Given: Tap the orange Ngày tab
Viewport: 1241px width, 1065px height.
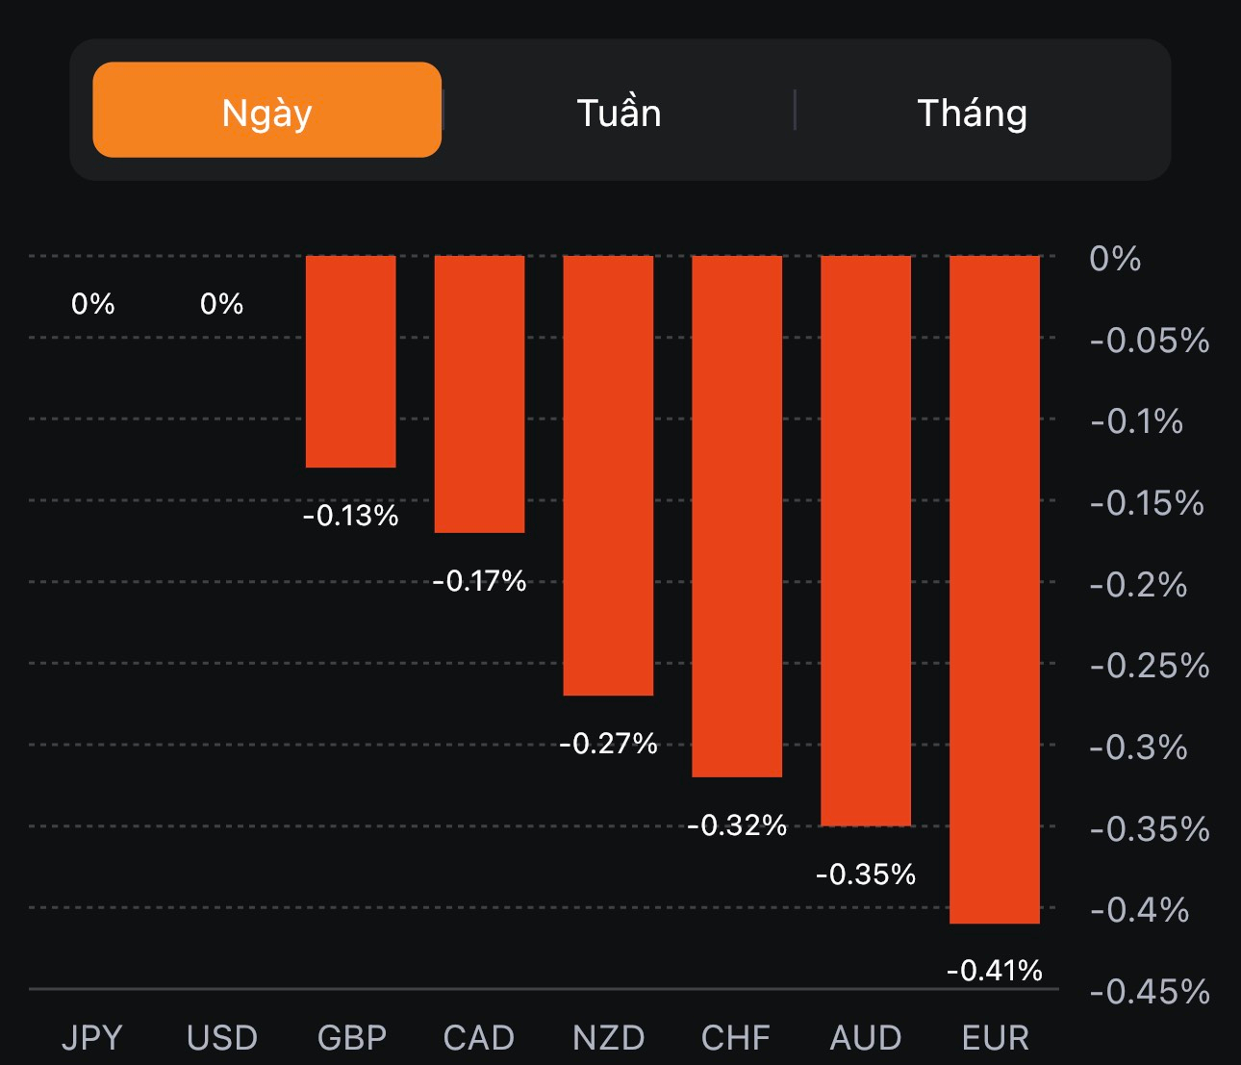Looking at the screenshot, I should (x=266, y=111).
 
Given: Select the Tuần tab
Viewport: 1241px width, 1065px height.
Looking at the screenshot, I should (x=619, y=113).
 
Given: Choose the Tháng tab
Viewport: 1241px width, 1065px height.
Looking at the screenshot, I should (x=972, y=113).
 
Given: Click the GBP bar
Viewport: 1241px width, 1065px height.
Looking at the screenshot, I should (x=350, y=362).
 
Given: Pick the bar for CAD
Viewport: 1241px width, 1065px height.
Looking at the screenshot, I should (x=479, y=394).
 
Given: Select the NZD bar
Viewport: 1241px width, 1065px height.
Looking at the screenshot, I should (x=608, y=475).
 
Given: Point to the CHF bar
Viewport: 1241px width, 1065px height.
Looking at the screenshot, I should (x=737, y=517).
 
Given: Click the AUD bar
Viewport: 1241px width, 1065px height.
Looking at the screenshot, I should (x=866, y=541).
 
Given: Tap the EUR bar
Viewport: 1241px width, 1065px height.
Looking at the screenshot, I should (x=995, y=590).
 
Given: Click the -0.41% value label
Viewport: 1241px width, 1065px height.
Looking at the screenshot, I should (x=995, y=970).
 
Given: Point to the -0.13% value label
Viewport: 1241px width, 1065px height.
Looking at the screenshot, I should (x=350, y=516).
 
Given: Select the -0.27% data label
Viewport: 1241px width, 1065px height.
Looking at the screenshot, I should (x=608, y=743).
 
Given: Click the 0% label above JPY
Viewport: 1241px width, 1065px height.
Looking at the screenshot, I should (x=92, y=304).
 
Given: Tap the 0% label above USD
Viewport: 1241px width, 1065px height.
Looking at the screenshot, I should (x=221, y=304).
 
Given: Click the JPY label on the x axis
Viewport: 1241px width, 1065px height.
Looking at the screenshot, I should (x=92, y=1038).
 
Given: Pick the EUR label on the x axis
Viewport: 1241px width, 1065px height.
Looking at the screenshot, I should (x=995, y=1038).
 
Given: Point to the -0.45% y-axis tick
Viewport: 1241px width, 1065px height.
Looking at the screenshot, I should (x=1150, y=991).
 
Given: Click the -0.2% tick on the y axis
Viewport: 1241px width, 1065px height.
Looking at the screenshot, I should (x=1138, y=584).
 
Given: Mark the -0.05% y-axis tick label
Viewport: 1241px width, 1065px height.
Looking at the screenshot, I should (x=1150, y=340).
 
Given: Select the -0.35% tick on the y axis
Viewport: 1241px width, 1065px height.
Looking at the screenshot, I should (x=1150, y=828).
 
